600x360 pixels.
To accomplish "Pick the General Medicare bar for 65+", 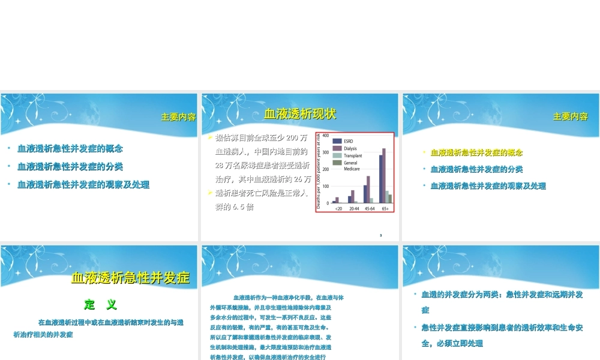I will [390, 199].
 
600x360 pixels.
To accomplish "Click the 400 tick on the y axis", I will [325, 136].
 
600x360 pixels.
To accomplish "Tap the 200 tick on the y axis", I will [325, 170].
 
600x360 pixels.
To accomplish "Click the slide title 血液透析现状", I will [300, 115].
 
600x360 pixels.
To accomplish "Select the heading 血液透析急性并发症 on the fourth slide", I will [130, 278].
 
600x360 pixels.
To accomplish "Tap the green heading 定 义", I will [100, 305].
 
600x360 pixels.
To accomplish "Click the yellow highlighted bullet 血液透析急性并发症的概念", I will [476, 153].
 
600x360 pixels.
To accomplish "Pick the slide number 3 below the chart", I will [381, 235].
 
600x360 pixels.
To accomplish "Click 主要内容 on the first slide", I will [178, 117].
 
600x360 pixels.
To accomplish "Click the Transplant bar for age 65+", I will [387, 197].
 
